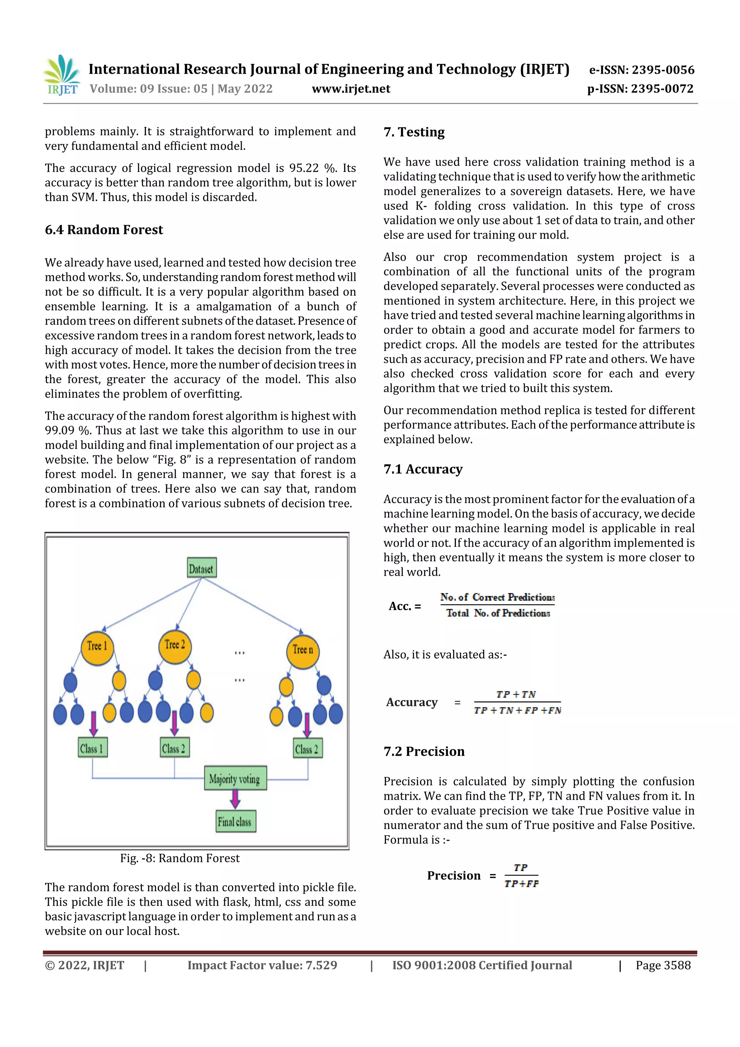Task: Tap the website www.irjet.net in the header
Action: [x=350, y=89]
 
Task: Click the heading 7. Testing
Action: [x=414, y=132]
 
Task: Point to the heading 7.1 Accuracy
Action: [x=423, y=469]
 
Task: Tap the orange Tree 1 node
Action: [x=97, y=646]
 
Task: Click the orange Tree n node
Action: [x=302, y=650]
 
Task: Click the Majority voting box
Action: [x=235, y=779]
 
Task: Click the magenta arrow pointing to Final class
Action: [x=235, y=799]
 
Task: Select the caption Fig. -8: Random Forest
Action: [x=180, y=858]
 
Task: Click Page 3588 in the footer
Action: [x=663, y=965]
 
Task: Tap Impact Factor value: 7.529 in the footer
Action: [x=262, y=965]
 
